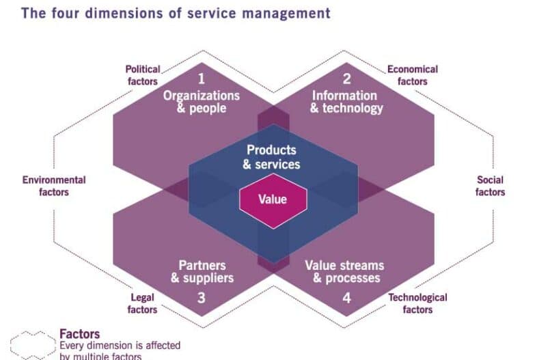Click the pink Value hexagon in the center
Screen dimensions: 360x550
tap(273, 199)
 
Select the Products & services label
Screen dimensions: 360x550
tap(271, 156)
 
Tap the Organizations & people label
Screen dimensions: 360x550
tap(201, 102)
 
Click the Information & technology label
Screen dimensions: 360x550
tap(346, 102)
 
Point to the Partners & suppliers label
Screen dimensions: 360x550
tap(202, 271)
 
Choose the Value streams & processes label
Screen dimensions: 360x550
tap(344, 271)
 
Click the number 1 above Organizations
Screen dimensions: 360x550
tap(201, 79)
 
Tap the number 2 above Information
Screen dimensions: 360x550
tap(346, 79)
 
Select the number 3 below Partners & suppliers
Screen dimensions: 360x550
tap(201, 298)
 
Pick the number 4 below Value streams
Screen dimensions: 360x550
tap(346, 298)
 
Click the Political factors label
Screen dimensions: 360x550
tap(143, 75)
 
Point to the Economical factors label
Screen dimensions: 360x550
tap(413, 75)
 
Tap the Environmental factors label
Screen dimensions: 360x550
tap(54, 186)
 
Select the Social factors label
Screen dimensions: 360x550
tap(490, 186)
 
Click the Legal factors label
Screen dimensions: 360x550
tap(143, 303)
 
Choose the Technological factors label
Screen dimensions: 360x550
tap(417, 303)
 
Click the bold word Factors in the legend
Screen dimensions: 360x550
tap(79, 334)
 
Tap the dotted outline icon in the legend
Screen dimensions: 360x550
tap(32, 346)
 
